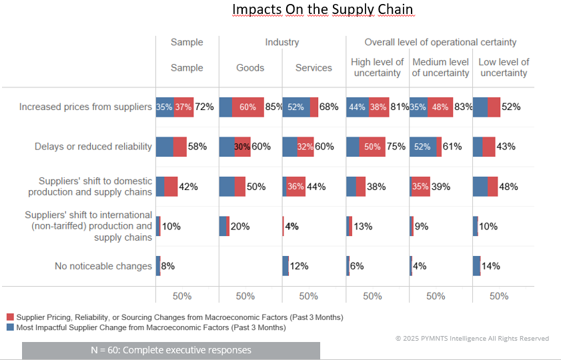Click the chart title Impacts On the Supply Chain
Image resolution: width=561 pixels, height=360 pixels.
[x=322, y=10]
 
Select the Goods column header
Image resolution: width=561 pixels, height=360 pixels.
[x=250, y=68]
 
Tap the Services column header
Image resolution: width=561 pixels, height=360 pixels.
[x=314, y=68]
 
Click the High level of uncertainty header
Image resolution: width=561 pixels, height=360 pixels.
[x=377, y=67]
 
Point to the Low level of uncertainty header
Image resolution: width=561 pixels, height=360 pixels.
[x=504, y=67]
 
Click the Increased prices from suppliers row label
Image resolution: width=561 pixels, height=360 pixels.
[x=85, y=107]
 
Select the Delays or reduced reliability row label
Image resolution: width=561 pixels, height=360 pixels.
[x=93, y=147]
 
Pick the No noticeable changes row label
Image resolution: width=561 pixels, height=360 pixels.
[x=103, y=266]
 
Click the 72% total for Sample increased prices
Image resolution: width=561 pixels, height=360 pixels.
[x=204, y=107]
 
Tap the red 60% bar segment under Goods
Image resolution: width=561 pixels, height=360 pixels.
[x=247, y=107]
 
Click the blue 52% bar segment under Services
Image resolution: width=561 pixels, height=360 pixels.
[x=296, y=107]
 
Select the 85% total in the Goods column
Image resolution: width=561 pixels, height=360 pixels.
[x=273, y=107]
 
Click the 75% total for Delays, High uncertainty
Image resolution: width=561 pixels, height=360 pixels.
[x=396, y=147]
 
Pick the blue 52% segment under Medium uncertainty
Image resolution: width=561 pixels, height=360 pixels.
[x=423, y=147]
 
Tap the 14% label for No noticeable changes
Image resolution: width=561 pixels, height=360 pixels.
[x=490, y=266]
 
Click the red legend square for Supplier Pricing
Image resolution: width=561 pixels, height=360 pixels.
[x=10, y=317]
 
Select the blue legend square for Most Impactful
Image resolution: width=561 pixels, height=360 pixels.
[x=10, y=327]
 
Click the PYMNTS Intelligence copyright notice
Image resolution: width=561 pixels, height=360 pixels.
[x=472, y=339]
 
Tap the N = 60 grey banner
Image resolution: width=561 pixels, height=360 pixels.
[x=171, y=350]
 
